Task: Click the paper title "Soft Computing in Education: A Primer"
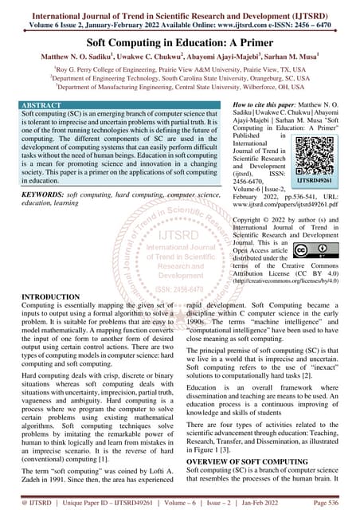tap(180, 41)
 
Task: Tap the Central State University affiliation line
tap(180, 88)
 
